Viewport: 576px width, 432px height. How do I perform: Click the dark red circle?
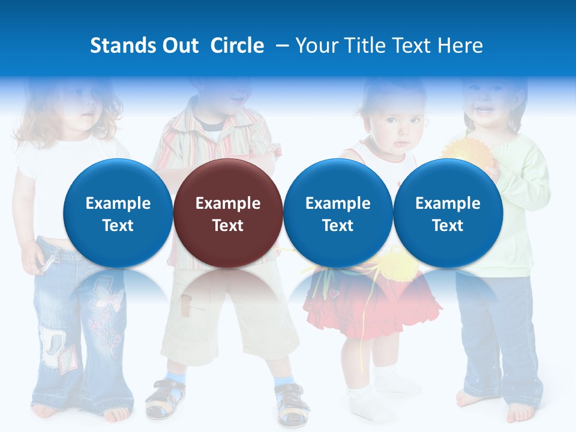point(228,213)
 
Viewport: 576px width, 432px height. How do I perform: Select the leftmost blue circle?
point(118,213)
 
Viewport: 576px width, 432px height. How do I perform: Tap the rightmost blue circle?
point(448,213)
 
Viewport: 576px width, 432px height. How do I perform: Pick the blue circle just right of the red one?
point(338,213)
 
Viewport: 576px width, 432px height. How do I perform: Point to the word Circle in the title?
point(237,46)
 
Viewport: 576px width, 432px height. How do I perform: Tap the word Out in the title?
point(181,46)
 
